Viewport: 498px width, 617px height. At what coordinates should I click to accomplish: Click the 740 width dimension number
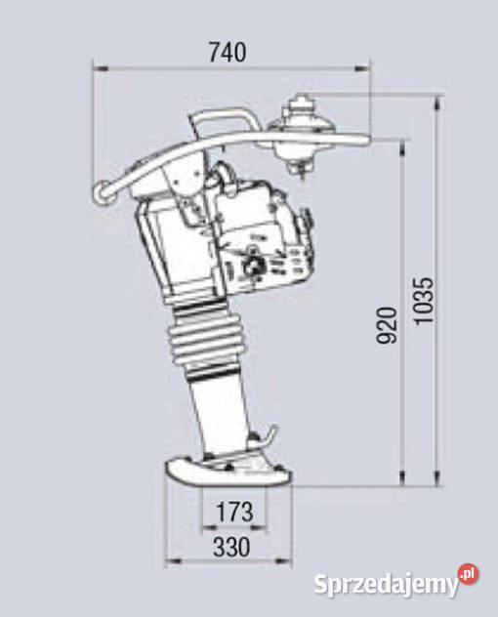click(x=228, y=53)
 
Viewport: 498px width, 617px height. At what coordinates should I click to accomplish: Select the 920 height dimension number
click(x=389, y=325)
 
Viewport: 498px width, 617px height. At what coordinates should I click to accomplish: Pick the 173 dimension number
click(x=231, y=511)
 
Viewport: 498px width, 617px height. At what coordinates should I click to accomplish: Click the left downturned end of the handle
click(x=98, y=192)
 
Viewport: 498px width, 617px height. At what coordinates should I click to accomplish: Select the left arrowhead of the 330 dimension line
click(x=168, y=562)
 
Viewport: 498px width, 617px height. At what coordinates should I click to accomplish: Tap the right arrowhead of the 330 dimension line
click(x=291, y=562)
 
